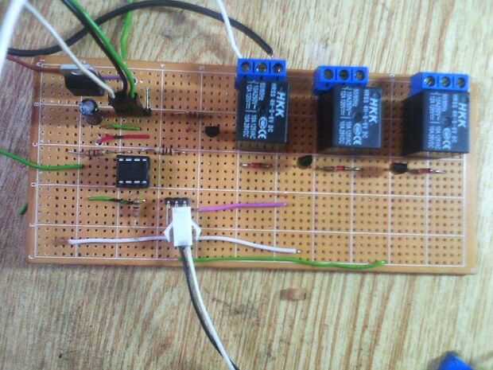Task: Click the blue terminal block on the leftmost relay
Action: [260, 69]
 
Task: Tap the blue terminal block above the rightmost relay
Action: [438, 82]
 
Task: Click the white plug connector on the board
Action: [181, 231]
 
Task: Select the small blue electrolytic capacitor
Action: [91, 109]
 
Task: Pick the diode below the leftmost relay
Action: [255, 166]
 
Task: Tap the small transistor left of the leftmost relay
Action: [212, 134]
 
